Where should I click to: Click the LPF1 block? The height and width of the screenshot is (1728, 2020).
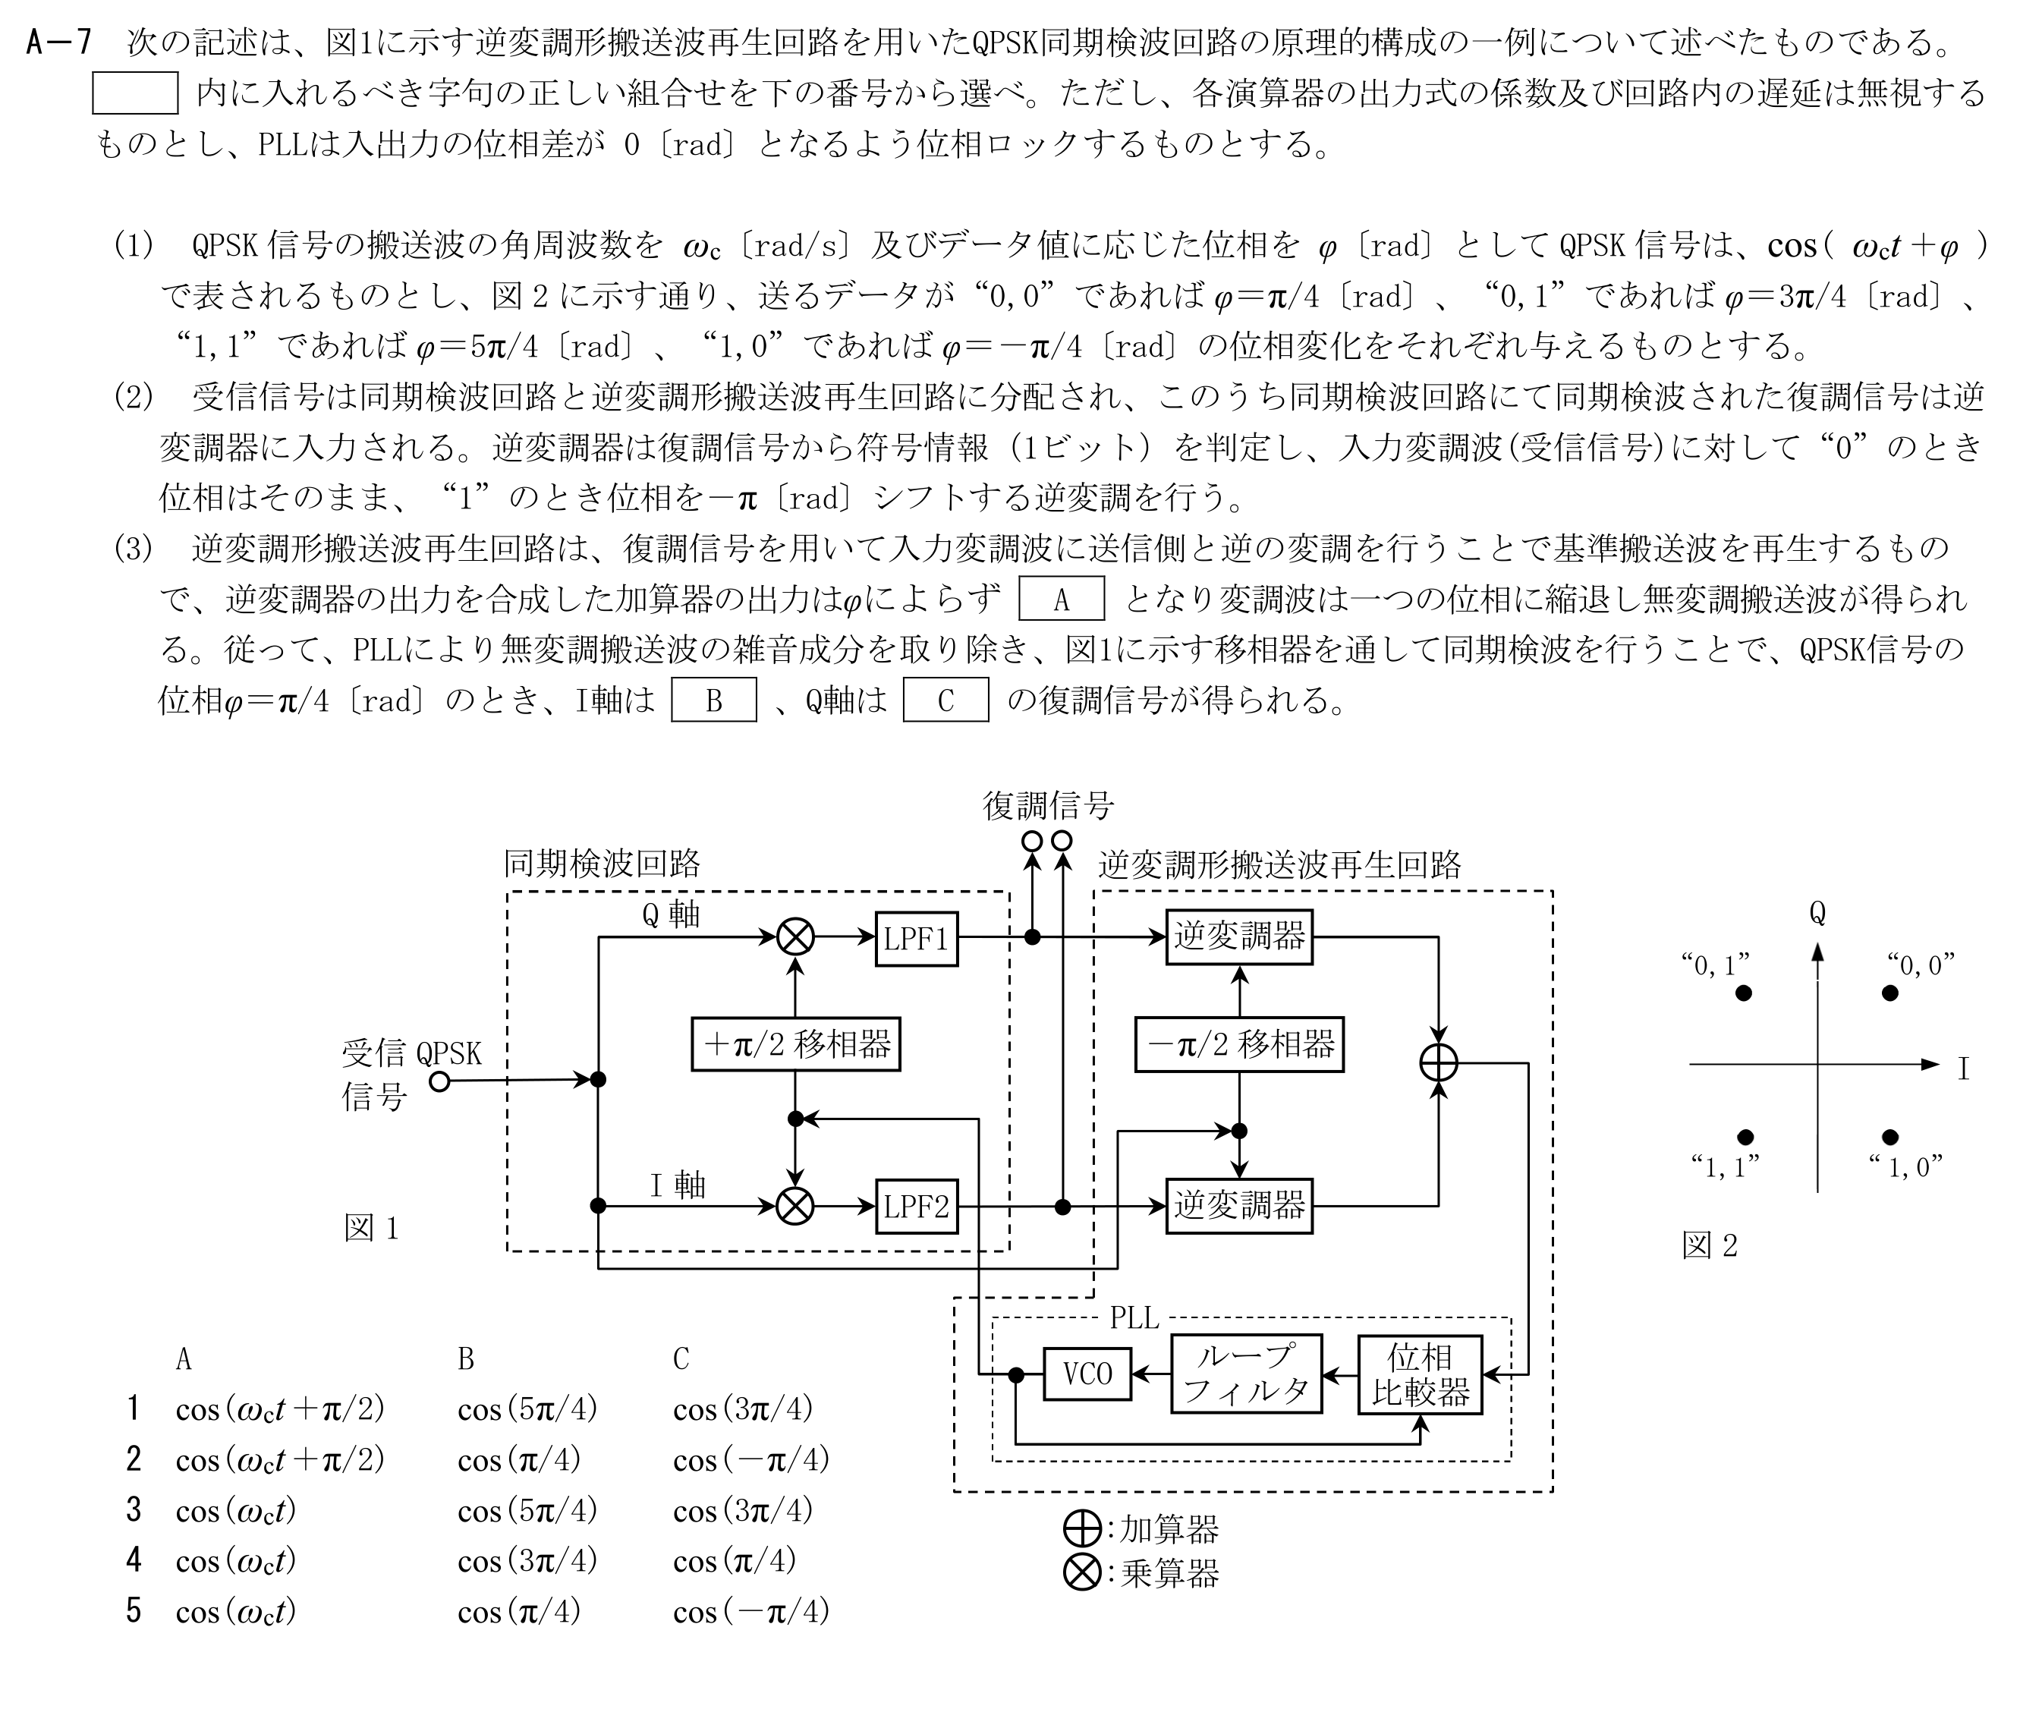point(917,938)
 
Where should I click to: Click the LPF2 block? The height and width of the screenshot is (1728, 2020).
point(917,1207)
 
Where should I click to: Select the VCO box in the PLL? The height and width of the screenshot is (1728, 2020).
point(1087,1374)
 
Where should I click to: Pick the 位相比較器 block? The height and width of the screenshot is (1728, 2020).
point(1421,1374)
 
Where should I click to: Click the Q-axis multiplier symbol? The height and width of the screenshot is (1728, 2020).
point(795,938)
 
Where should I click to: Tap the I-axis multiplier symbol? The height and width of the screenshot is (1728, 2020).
point(795,1207)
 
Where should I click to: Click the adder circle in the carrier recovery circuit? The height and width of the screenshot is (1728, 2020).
point(1439,1063)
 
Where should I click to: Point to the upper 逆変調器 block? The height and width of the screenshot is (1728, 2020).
point(1239,937)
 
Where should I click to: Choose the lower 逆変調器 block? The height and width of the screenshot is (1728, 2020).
point(1239,1207)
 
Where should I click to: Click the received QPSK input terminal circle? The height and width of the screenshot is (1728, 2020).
point(439,1081)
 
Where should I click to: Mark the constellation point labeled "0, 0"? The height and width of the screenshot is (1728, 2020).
point(1890,993)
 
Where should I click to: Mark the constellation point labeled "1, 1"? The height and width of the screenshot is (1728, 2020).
point(1746,1137)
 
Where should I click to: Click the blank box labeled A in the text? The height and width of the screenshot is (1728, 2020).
point(1062,599)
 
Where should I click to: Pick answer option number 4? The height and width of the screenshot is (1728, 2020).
point(134,1560)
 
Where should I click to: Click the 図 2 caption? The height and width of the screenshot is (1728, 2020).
point(1710,1245)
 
